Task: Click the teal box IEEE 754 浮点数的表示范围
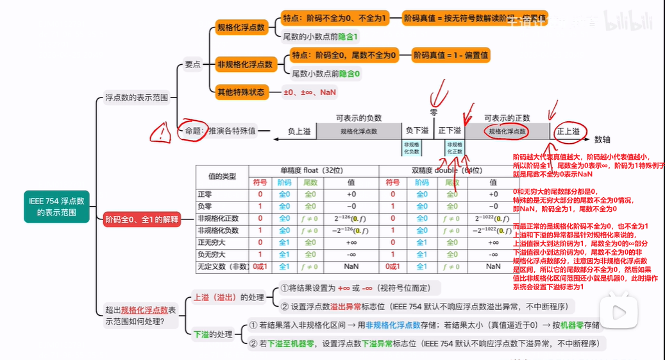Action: [x=56, y=207]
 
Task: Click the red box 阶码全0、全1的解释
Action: [x=141, y=219]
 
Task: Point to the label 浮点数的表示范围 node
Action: [x=137, y=98]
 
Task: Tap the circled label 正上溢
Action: [x=568, y=132]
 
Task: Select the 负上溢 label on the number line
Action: [x=298, y=131]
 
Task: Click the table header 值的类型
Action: [x=223, y=176]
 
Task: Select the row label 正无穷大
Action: [x=214, y=243]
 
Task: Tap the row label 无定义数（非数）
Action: [x=222, y=266]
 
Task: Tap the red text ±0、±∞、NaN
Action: [x=310, y=92]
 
